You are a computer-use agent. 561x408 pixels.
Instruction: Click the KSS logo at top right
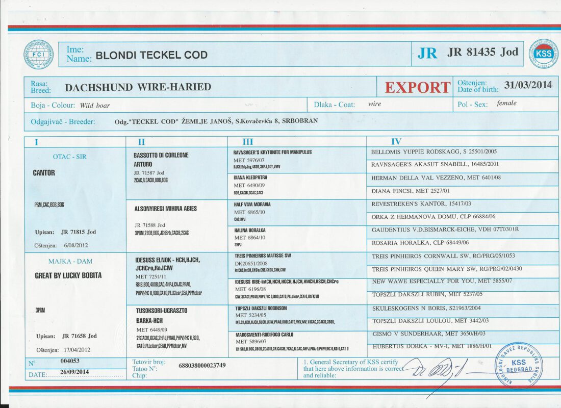[x=543, y=54]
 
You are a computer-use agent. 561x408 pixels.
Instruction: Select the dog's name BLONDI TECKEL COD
[x=151, y=55]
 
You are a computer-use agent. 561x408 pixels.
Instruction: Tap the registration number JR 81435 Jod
[x=482, y=52]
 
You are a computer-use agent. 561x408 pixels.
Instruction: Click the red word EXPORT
[x=417, y=87]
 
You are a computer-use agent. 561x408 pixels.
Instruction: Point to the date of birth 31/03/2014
[x=528, y=85]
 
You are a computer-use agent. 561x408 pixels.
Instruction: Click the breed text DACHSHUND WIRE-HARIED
[x=138, y=87]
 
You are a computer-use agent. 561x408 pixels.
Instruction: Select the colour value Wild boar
[x=95, y=106]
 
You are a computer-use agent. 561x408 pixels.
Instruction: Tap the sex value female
[x=506, y=104]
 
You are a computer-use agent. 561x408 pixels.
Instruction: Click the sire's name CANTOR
[x=44, y=173]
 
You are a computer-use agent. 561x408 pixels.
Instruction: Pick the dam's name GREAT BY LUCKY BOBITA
[x=68, y=275]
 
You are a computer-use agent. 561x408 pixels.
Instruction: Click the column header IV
[x=396, y=142]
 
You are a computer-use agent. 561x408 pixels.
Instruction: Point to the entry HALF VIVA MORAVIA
[x=252, y=204]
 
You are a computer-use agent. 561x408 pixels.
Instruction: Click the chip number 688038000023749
[x=202, y=366]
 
